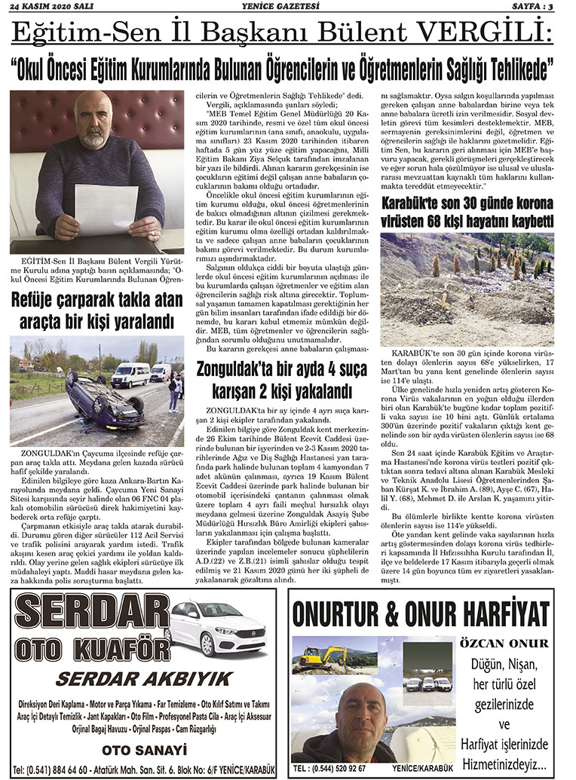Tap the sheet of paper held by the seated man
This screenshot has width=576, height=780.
point(106,208)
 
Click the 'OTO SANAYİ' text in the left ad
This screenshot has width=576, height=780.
point(143,750)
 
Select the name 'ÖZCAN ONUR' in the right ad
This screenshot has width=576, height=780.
point(504,643)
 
